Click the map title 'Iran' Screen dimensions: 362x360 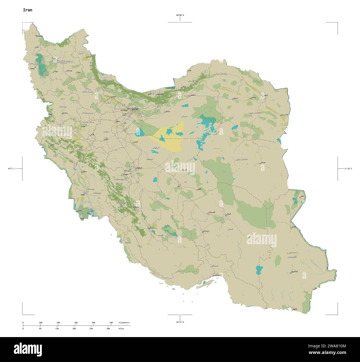point(27,10)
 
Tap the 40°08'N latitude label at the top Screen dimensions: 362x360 point(180,15)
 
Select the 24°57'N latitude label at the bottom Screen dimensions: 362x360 point(180,322)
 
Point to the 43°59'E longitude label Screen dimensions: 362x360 point(12,168)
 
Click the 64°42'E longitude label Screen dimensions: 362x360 point(348,168)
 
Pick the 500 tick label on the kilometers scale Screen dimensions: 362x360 point(111,323)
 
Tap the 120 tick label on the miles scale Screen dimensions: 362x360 point(57,328)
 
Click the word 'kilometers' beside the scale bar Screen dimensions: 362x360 point(124,323)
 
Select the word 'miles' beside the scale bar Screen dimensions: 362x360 point(121,328)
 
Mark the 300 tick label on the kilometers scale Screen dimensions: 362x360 point(76,323)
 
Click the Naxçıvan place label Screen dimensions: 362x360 point(39,36)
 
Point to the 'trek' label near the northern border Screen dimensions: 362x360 point(189,71)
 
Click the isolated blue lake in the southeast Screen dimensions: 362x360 point(259,269)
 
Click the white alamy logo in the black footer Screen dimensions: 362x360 point(28,349)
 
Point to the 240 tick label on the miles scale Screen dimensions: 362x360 point(91,328)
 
